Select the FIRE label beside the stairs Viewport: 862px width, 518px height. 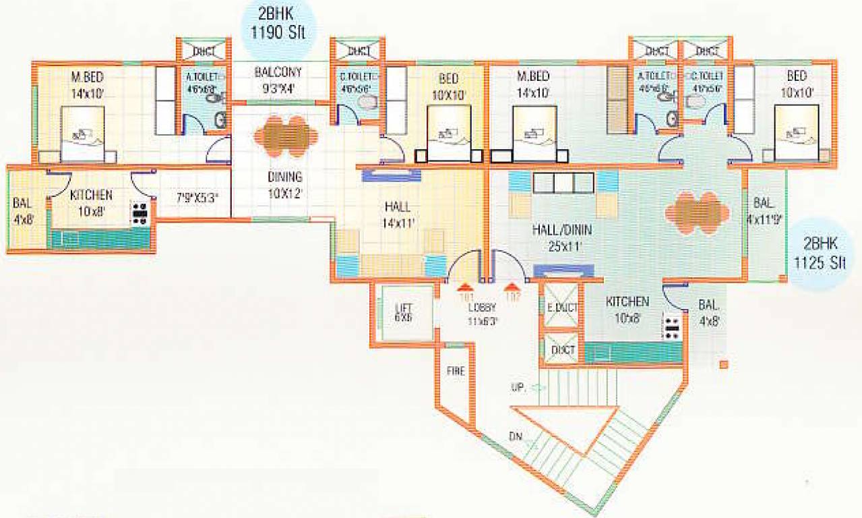[456, 371]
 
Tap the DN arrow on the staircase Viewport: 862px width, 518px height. [530, 443]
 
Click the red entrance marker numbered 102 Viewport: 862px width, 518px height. [513, 290]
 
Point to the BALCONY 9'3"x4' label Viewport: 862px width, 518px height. [278, 79]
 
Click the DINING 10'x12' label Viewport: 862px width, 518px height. [284, 185]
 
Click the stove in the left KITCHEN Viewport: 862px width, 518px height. [140, 213]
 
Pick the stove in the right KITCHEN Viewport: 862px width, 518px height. [672, 327]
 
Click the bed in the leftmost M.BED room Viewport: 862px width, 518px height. [82, 135]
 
